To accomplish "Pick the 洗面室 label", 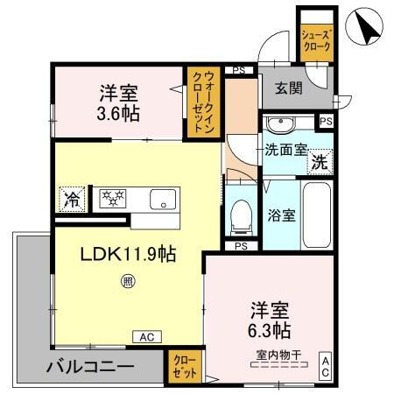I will point(285,150).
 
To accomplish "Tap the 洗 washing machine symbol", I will point(321,161).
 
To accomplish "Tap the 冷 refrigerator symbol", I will point(71,199).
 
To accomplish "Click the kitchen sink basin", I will point(163,200).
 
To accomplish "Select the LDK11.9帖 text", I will point(129,255).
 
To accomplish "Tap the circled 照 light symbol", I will point(128,282).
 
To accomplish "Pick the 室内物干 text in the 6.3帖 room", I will point(278,354).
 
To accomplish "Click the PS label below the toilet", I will point(241,246).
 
